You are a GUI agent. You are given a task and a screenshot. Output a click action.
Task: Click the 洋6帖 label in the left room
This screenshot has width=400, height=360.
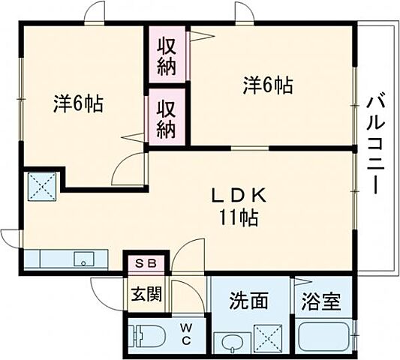coord(77,103)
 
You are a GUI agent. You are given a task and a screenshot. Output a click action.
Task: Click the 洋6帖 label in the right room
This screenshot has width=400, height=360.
coord(266,85)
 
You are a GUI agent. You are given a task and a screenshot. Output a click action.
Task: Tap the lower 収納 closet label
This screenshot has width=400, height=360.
coord(167,118)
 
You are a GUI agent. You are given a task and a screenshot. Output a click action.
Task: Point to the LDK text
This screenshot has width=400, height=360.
coord(239,196)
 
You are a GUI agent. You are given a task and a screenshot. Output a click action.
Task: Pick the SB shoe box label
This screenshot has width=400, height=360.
coord(146,262)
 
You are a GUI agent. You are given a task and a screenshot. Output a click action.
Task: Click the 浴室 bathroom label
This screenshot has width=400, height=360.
coord(322,302)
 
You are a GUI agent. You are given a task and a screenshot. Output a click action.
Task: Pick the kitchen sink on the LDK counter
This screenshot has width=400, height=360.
coord(82,259)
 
